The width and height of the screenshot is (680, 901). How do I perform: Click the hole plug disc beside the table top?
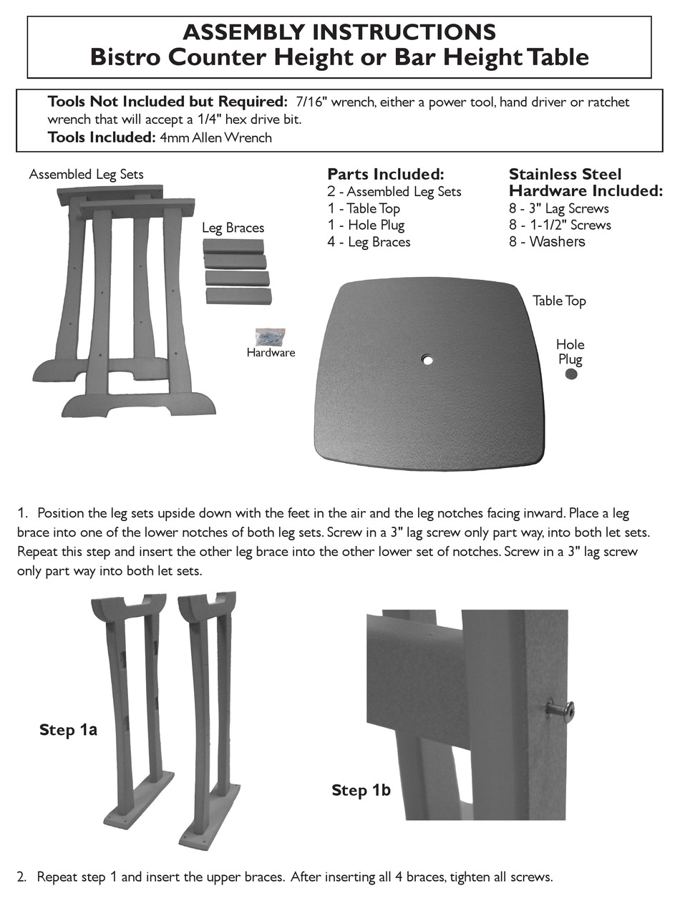tap(571, 374)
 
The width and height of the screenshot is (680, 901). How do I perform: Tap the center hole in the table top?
tap(427, 360)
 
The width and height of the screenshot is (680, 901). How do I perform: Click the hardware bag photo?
tap(271, 336)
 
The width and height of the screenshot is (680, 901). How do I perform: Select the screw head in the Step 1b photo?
tap(557, 710)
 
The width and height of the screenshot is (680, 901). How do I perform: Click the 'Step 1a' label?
tap(68, 730)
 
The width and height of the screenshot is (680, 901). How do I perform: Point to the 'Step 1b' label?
tap(361, 791)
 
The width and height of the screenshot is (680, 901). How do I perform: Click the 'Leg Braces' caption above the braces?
tap(233, 228)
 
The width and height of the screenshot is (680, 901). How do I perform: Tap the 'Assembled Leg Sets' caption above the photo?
tap(86, 174)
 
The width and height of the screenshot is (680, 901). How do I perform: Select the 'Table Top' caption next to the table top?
tap(559, 301)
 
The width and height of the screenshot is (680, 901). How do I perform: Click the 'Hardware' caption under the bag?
tap(271, 353)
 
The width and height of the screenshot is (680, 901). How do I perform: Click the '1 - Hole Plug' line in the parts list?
tap(366, 225)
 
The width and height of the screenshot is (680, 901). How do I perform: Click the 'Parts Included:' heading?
tap(386, 175)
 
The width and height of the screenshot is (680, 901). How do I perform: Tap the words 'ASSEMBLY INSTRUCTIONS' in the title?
tap(339, 32)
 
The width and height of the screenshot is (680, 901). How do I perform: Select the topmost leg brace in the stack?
tap(233, 246)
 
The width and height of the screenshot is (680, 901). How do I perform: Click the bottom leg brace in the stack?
tap(238, 296)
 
